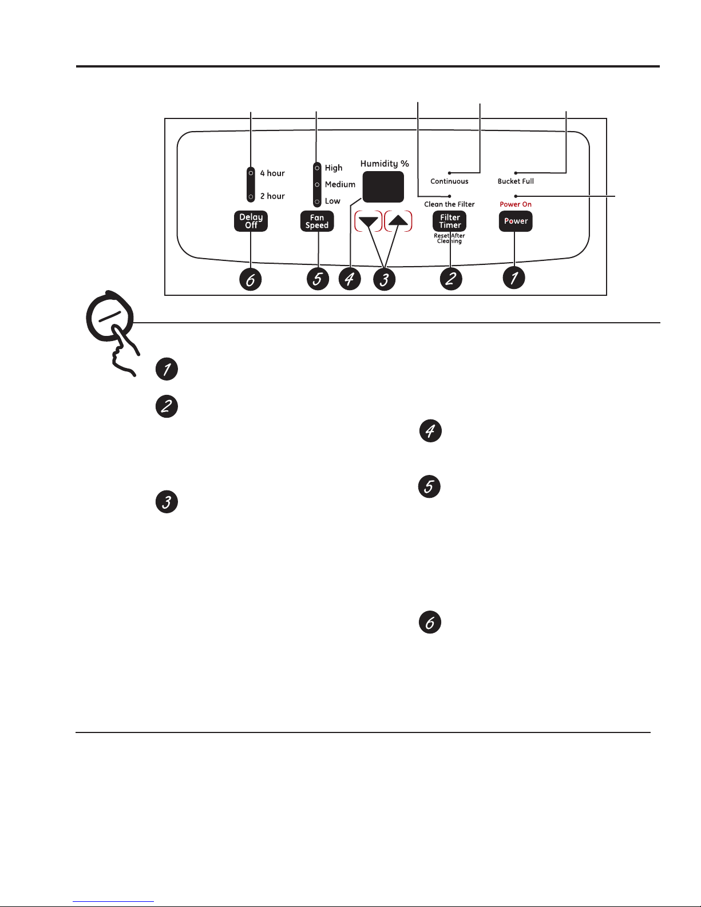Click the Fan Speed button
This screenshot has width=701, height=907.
[317, 221]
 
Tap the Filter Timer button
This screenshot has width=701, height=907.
[449, 221]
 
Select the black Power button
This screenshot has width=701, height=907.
[516, 221]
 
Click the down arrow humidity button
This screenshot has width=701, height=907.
[369, 221]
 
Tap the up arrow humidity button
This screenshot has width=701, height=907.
[398, 221]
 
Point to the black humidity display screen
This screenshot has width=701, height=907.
[383, 187]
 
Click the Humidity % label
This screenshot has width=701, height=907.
[385, 164]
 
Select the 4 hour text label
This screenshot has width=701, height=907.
[272, 173]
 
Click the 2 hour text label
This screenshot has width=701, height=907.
[272, 196]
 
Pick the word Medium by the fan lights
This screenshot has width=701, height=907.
[340, 184]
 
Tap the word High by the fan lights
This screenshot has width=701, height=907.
[334, 168]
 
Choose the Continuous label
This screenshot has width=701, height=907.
[449, 181]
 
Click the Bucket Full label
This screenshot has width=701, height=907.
[516, 181]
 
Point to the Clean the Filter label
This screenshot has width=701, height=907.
[449, 204]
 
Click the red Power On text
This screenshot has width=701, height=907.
[516, 204]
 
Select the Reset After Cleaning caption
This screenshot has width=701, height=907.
[449, 238]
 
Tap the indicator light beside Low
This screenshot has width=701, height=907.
[317, 201]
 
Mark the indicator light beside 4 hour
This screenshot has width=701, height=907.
[251, 173]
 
